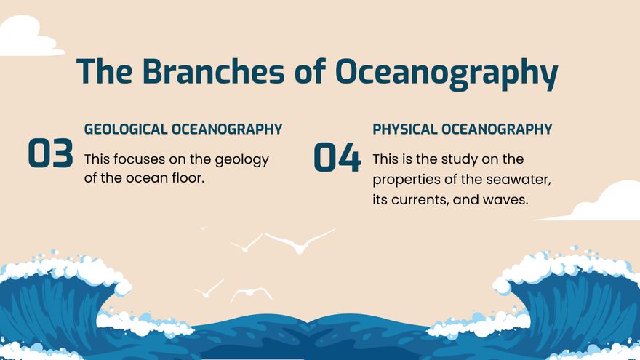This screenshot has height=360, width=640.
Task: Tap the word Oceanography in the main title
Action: pos(446,73)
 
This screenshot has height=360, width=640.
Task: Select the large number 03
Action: pos(51,153)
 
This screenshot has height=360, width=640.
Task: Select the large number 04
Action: pos(337,158)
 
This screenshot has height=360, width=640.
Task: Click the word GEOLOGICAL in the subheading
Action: pos(125,129)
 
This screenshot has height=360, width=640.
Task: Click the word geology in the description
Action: pos(241,159)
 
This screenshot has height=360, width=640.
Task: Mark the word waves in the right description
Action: pos(505,199)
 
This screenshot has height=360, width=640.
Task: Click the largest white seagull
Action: pos(298,241)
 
